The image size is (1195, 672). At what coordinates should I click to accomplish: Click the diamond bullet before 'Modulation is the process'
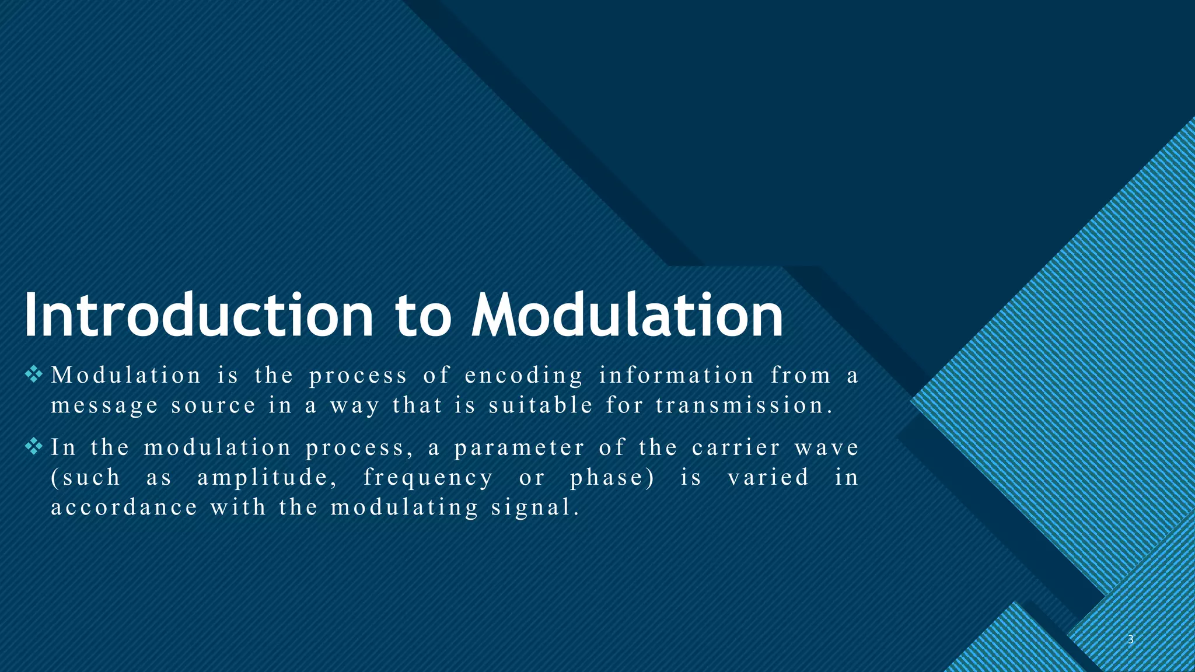pos(34,374)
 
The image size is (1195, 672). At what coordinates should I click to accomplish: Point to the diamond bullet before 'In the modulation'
pos(34,447)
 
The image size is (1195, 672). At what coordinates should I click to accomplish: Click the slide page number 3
pos(1130,639)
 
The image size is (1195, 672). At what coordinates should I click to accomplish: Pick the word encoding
pos(524,376)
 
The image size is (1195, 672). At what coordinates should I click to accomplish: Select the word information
pos(677,375)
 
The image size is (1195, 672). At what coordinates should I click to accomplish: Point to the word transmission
pos(744,405)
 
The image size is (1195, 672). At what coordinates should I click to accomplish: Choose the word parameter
pos(519,449)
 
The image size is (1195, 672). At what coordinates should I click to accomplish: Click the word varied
pos(768,477)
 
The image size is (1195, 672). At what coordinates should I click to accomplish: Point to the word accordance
pos(124,507)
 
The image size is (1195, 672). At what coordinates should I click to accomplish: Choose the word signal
pos(535,508)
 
